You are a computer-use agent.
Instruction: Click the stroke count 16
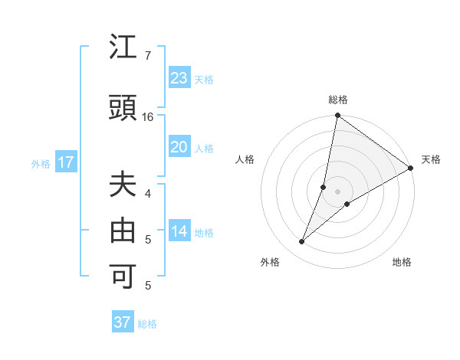tap(149, 117)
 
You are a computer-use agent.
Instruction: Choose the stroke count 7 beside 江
tap(147, 56)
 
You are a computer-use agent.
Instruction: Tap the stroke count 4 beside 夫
tap(148, 193)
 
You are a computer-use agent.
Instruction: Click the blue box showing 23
tap(179, 78)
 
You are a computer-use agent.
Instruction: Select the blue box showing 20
tap(179, 147)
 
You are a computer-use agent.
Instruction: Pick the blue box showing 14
tap(179, 232)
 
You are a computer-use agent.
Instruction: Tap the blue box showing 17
tap(65, 162)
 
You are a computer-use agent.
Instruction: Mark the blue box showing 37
tap(123, 322)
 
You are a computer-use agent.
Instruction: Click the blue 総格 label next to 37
tap(147, 324)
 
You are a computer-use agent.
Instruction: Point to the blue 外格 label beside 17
tap(41, 163)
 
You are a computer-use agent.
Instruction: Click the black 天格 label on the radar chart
tap(431, 159)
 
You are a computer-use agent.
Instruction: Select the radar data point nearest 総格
tap(337, 116)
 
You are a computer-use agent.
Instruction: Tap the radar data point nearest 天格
tap(411, 169)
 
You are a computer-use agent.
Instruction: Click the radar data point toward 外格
tap(302, 242)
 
